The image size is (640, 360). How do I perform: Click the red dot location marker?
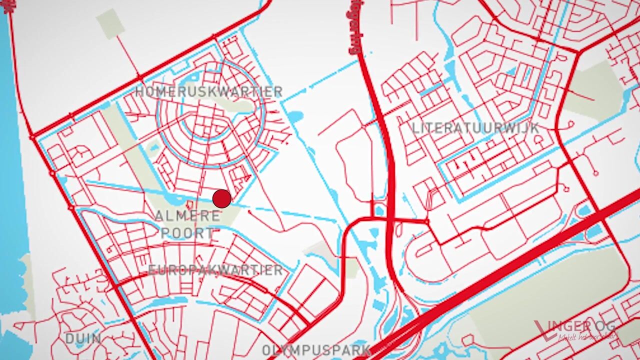(x=221, y=199)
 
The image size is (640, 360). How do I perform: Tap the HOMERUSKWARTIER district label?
(x=208, y=92)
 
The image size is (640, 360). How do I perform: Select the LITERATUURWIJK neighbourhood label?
(x=475, y=128)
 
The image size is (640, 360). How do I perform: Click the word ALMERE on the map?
(x=187, y=216)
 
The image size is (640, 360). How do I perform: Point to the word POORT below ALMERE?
(x=187, y=233)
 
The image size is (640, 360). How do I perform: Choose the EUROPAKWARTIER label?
(x=215, y=270)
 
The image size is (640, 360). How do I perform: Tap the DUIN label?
(x=83, y=338)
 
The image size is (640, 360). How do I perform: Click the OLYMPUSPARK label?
(x=316, y=350)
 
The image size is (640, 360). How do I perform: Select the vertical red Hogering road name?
(x=355, y=27)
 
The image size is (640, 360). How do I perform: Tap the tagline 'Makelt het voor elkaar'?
(x=588, y=337)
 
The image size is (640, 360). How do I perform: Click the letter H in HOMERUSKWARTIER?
(x=139, y=92)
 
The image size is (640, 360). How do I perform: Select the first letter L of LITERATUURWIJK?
(x=415, y=128)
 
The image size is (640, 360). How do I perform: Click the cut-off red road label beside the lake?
(x=8, y=7)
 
